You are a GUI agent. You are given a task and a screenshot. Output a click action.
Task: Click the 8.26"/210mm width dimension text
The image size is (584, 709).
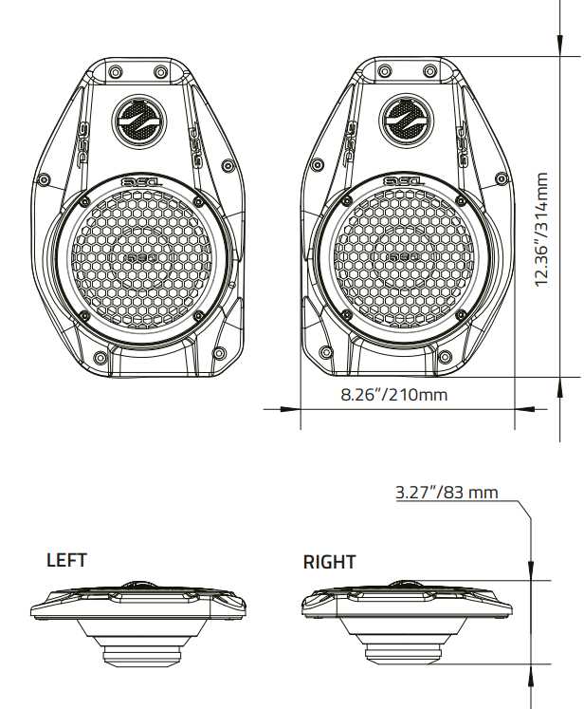pos(393,394)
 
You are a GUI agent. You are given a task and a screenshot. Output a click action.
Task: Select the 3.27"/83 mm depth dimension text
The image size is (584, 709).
pos(446,493)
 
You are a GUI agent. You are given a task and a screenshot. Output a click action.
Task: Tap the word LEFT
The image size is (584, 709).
pos(66,561)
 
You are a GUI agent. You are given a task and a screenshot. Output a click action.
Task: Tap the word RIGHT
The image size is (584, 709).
pos(329,563)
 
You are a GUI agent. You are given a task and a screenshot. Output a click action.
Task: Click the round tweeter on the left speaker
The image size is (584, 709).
pos(138,120)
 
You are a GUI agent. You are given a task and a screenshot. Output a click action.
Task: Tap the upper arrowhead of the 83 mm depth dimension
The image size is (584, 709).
pos(531,569)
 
